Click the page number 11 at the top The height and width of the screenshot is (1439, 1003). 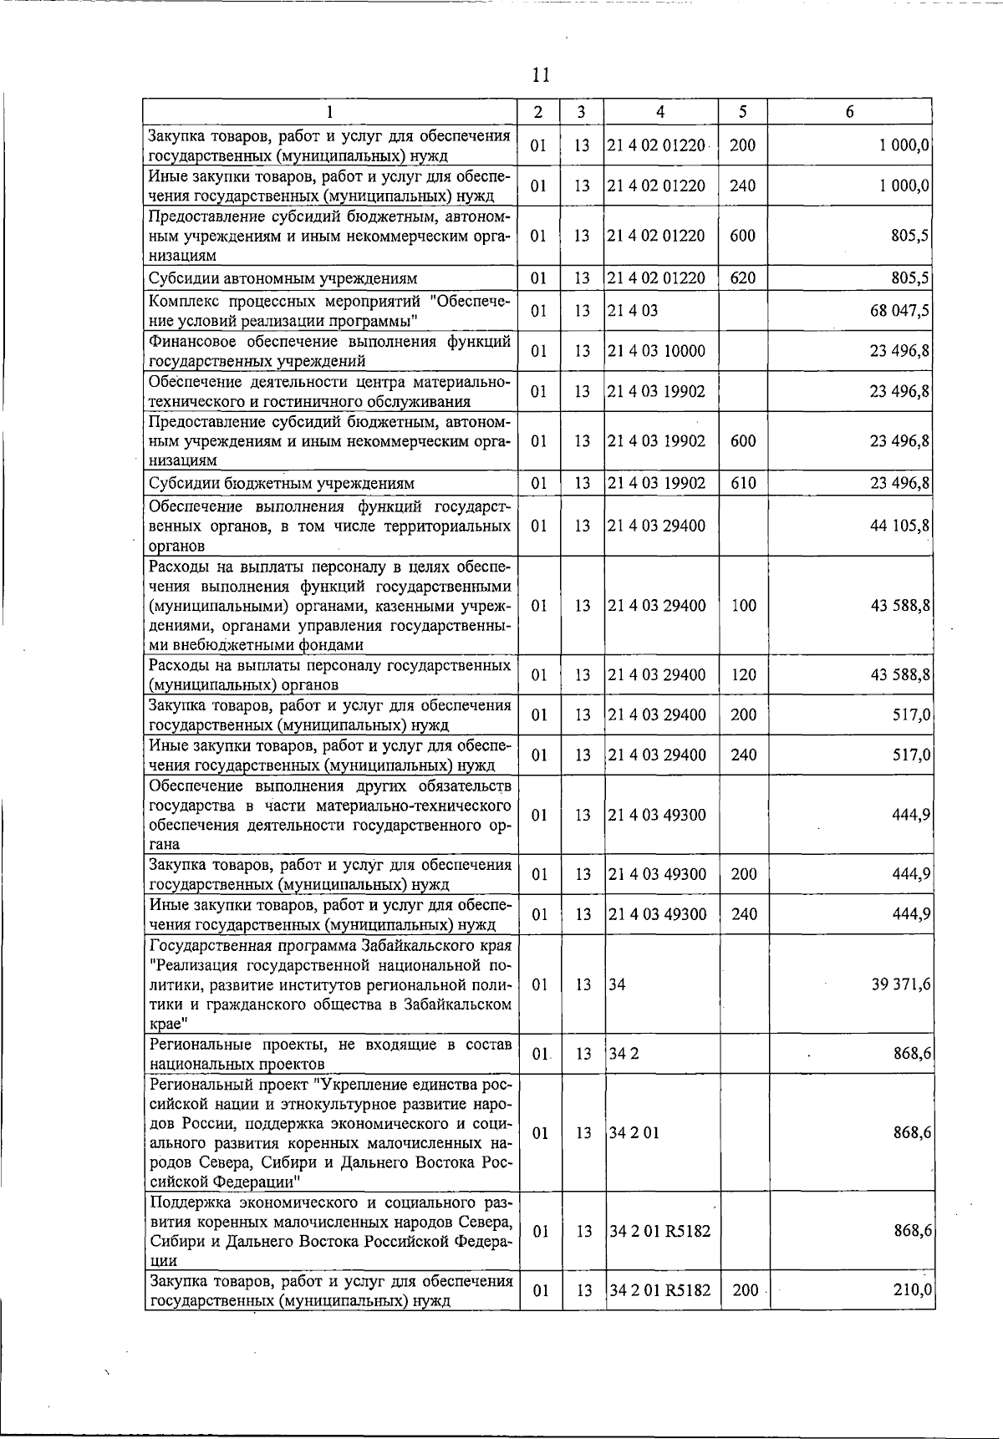point(540,75)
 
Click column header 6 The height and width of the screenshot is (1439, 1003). point(849,112)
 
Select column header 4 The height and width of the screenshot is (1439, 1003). point(660,112)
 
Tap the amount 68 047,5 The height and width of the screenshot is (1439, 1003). point(900,311)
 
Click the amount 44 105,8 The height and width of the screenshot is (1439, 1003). point(900,526)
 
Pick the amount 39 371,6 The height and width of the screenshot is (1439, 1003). point(900,984)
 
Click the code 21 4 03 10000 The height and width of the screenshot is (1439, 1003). point(656,351)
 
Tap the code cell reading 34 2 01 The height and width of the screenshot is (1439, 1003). point(634,1133)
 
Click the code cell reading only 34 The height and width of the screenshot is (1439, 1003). point(617,984)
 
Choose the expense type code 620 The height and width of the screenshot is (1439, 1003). point(742,278)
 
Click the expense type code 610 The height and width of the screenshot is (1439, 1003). point(742,483)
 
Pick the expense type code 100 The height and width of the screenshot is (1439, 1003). point(743,605)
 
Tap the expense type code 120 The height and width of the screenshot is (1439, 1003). point(743,674)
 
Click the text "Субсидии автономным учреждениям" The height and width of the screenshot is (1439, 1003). point(283,278)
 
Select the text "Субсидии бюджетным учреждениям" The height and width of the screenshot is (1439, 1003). point(281,483)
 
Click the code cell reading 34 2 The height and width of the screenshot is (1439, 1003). point(624,1054)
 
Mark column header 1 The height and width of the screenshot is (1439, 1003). point(330,112)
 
